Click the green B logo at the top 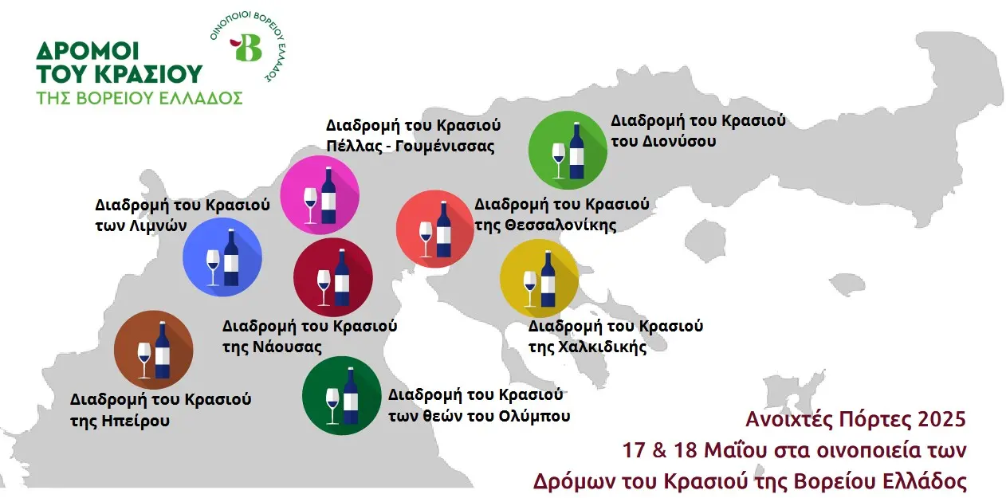click(246, 47)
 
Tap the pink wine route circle click(320, 195)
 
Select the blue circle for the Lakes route click(222, 257)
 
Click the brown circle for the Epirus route click(154, 350)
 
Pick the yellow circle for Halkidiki click(540, 278)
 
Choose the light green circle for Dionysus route click(568, 151)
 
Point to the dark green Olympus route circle click(342, 396)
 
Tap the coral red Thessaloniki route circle click(434, 229)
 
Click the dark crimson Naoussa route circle click(332, 277)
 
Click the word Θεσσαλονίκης click(560, 225)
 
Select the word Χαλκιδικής click(603, 347)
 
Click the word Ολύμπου click(531, 416)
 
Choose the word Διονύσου click(678, 142)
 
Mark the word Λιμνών click(158, 225)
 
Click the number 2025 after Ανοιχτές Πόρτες click(941, 419)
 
